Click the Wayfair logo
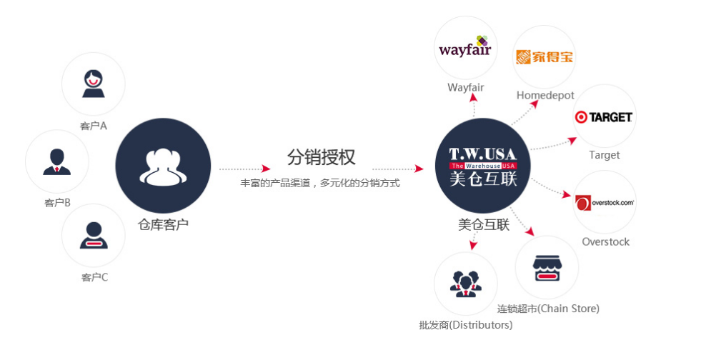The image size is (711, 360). pos(464,47)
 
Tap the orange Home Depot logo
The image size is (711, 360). pos(544,57)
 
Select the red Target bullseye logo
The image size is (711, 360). pos(604,117)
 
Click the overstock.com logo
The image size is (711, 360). pos(605,203)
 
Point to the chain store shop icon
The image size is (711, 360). pos(547,268)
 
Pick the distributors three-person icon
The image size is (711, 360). pos(466,284)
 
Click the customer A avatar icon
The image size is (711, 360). pos(94,84)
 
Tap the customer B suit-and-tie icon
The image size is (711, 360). pos(56,162)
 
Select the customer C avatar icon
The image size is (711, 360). pos(94,236)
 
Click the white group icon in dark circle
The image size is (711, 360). pos(163,166)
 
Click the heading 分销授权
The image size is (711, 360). pos(321,157)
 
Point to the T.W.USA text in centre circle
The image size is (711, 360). pos(483,154)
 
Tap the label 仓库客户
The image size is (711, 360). pos(163,224)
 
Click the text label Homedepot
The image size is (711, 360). pos(545,95)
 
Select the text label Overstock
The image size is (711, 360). pos(606,241)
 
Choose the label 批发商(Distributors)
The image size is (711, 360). pos(466,325)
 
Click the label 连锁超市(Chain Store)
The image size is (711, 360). pos(548,309)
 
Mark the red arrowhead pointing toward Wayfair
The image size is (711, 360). pos(473,98)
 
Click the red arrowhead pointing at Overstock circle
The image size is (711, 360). pos(567,195)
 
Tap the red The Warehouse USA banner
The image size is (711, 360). pos(483,166)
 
